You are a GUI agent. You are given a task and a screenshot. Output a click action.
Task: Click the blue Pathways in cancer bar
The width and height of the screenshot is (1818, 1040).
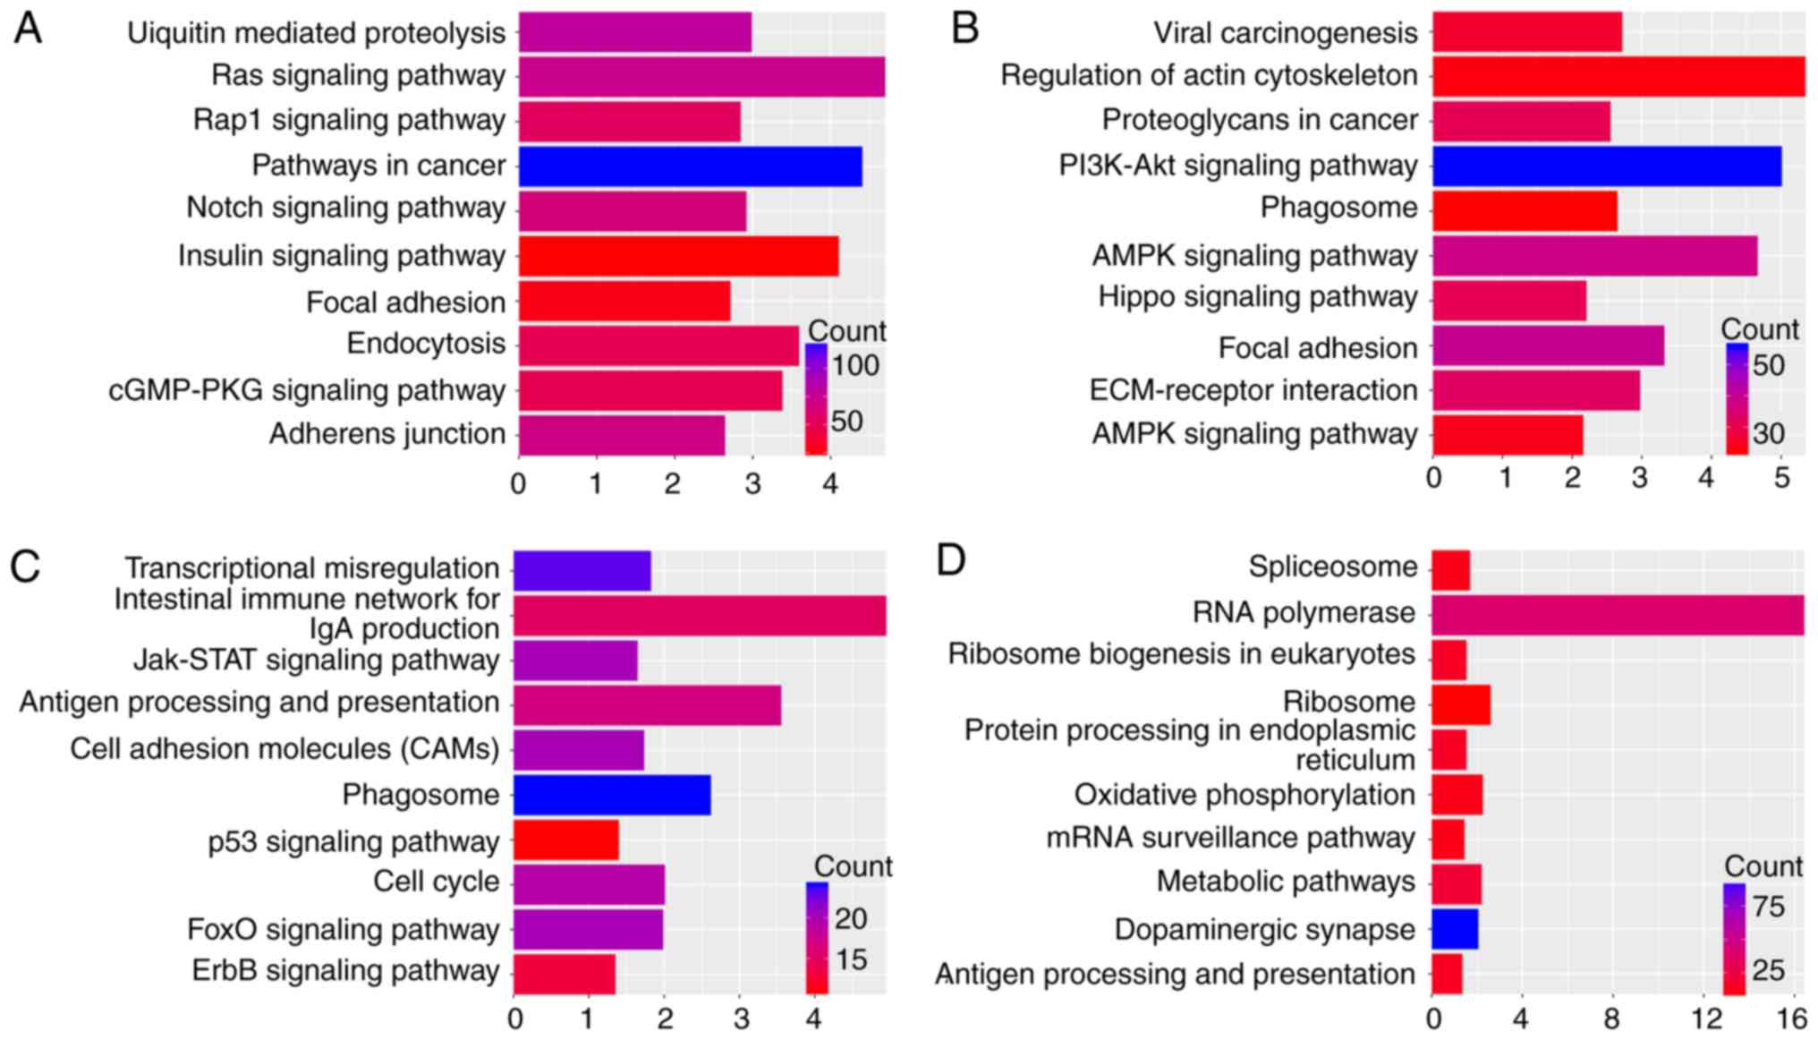[690, 166]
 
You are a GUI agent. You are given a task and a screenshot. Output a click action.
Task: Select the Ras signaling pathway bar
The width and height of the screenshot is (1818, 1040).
[701, 77]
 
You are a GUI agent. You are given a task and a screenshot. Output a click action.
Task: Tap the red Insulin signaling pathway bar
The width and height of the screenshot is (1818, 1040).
[678, 256]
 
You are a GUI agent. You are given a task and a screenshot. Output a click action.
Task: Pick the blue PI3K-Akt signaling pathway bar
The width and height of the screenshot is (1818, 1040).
[1606, 166]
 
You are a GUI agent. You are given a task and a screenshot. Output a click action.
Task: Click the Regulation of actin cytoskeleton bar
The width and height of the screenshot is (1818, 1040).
[1618, 77]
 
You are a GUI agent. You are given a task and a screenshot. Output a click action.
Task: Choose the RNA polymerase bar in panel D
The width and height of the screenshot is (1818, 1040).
[1617, 614]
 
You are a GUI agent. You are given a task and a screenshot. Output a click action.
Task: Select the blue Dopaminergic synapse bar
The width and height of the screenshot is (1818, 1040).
[1455, 929]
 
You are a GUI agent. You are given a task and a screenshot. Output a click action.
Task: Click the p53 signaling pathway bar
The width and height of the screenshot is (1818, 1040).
[565, 840]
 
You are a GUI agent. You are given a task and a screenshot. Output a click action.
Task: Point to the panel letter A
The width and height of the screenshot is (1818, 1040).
[28, 29]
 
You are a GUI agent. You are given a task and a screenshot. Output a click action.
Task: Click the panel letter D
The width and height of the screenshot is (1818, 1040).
[950, 561]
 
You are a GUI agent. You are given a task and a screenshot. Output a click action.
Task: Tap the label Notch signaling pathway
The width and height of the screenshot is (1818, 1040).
[345, 208]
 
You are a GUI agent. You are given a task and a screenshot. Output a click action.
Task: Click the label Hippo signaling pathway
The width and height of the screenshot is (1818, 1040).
[1257, 297]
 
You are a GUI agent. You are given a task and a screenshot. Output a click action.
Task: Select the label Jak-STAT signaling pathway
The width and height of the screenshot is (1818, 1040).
[316, 661]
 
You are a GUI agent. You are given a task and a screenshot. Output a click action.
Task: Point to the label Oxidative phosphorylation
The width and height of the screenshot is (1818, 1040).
[1244, 795]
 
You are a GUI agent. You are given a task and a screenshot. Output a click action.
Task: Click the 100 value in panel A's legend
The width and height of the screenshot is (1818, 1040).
[855, 365]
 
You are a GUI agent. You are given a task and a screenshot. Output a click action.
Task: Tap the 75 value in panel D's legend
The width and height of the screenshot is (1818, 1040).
[1769, 907]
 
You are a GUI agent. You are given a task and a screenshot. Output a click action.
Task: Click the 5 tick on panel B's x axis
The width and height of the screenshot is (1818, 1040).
[1781, 478]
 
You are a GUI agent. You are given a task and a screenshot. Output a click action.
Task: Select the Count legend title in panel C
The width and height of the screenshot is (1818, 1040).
[853, 866]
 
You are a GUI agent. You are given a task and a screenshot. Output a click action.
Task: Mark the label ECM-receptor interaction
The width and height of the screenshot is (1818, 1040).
[1253, 390]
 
